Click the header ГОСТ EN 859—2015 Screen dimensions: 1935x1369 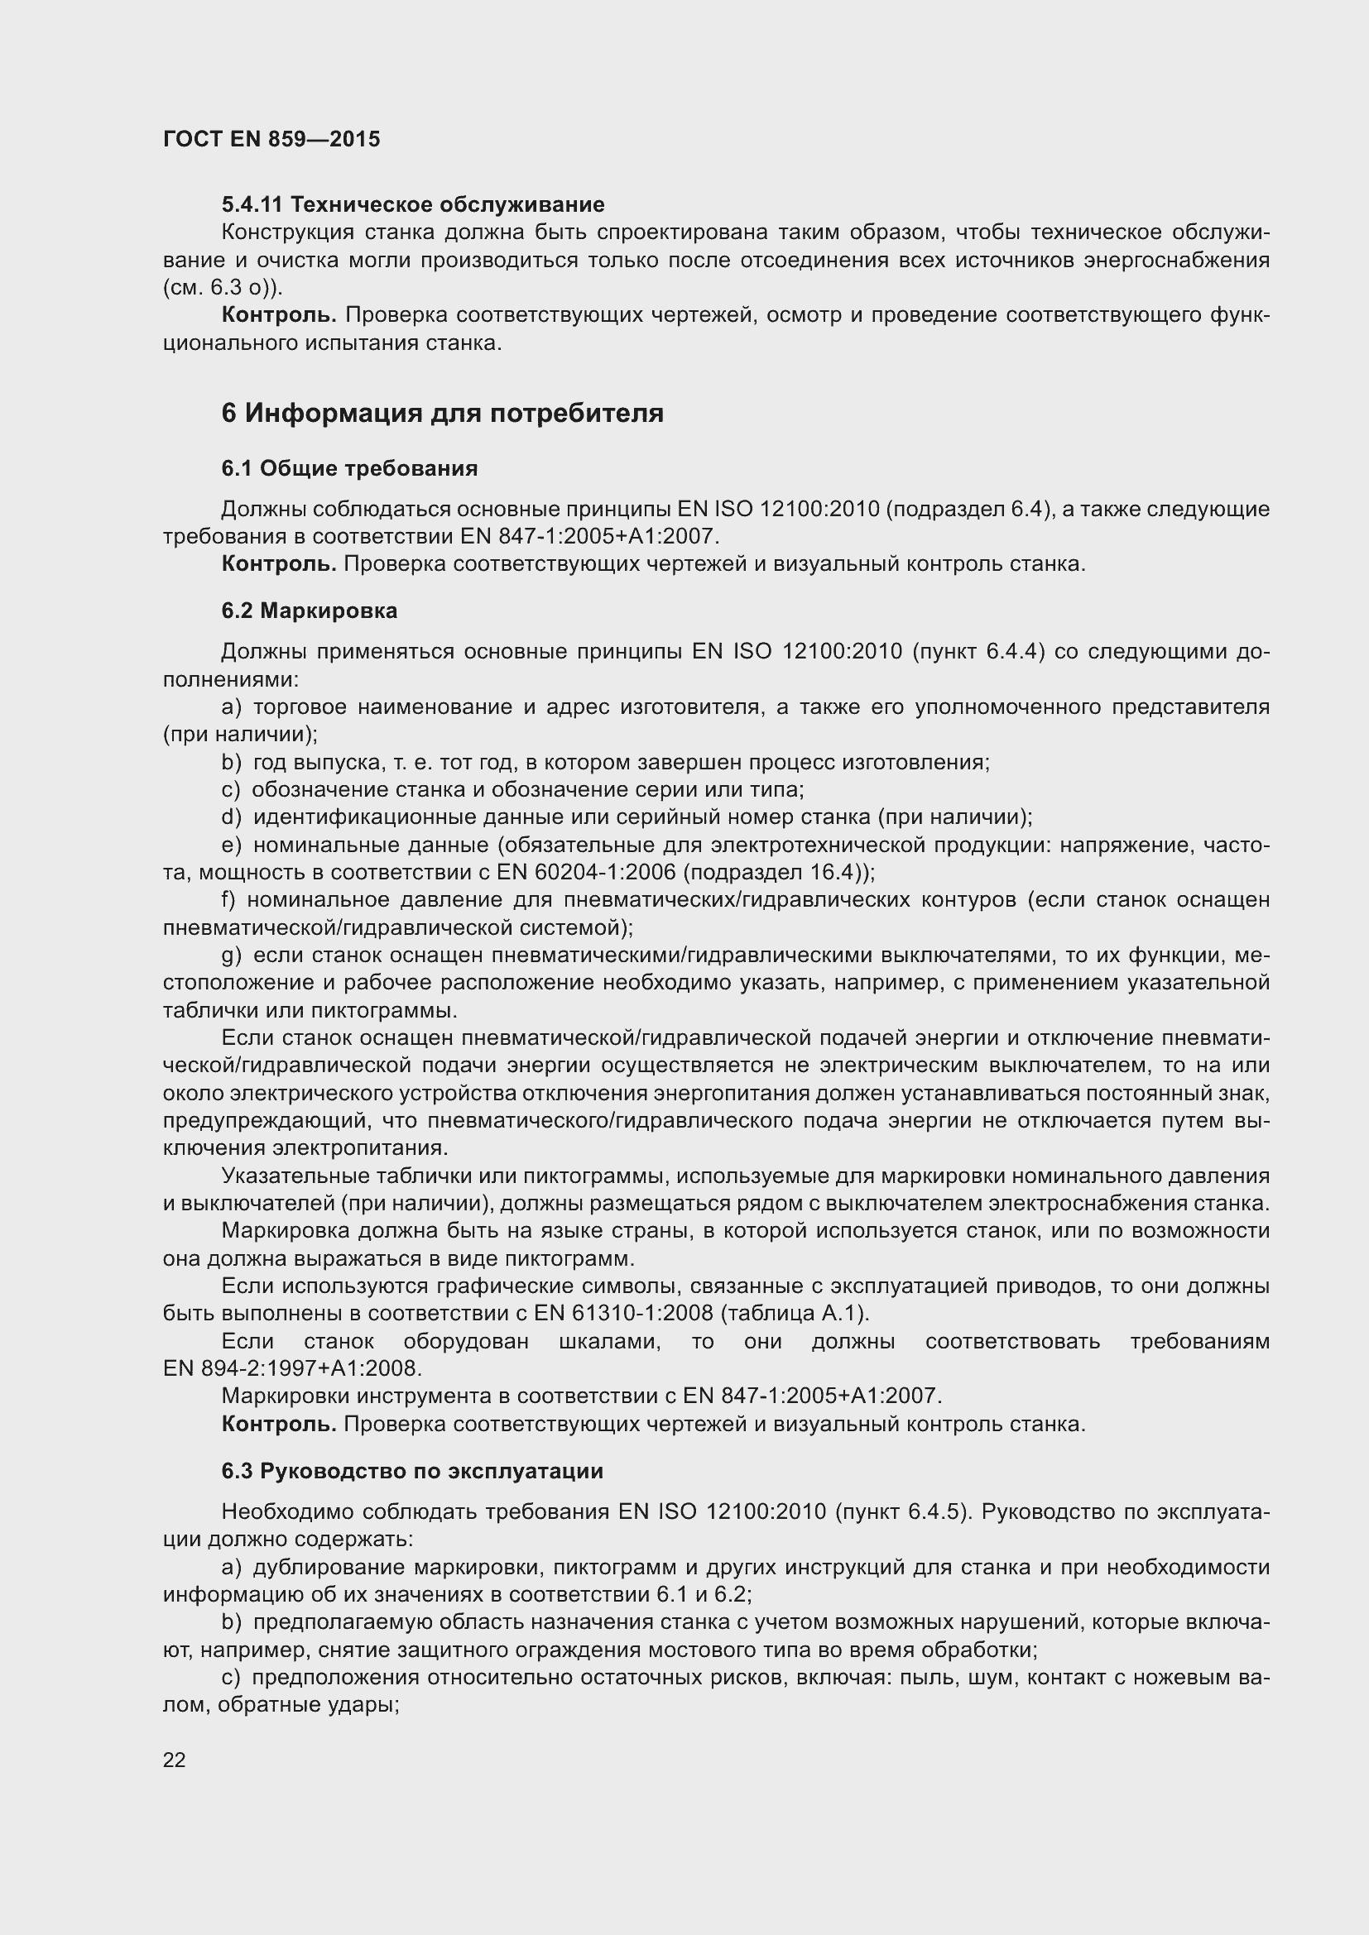coord(271,140)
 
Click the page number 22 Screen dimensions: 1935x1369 coord(175,1759)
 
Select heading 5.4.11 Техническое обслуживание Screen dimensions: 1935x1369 coord(413,205)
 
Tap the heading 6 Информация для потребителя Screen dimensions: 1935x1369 coord(443,413)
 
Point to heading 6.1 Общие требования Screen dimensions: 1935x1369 coord(350,468)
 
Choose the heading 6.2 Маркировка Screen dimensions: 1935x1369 coord(310,611)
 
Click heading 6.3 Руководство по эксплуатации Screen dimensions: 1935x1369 coord(412,1472)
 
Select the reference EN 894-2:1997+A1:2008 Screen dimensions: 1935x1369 coord(291,1368)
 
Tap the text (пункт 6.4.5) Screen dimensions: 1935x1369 coord(901,1511)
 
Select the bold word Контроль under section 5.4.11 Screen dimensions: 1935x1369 coord(279,315)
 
